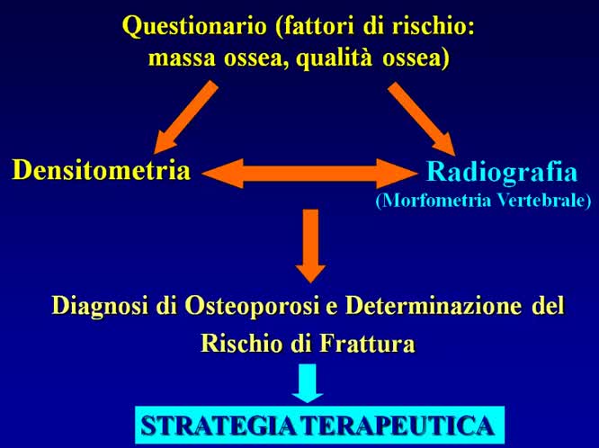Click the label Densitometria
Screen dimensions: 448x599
(101, 170)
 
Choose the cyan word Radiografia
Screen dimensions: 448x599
(502, 172)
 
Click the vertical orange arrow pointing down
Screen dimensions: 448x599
(310, 243)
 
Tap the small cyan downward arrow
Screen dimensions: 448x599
(308, 383)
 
